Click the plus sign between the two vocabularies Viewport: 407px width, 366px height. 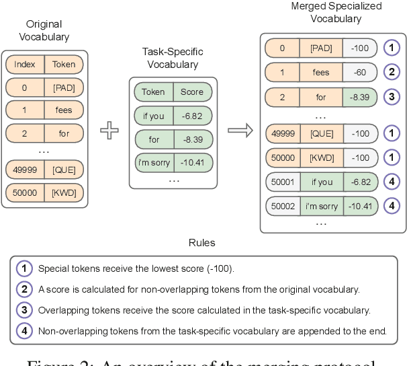tap(109, 130)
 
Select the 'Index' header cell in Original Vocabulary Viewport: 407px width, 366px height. tap(25, 65)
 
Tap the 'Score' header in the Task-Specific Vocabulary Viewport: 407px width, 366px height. tap(191, 92)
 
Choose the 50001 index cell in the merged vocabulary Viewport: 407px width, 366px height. tap(283, 182)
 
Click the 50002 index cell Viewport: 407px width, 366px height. tap(283, 206)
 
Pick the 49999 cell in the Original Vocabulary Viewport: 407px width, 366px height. tap(25, 169)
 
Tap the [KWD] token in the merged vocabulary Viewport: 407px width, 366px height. tap(321, 157)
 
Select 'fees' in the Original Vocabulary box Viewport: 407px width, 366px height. tap(64, 110)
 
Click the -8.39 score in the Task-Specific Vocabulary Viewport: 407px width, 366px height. tap(191, 140)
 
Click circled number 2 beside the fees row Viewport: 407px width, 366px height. tap(392, 72)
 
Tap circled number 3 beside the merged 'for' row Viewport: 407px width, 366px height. tap(392, 97)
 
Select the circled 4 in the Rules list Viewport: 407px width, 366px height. tap(24, 330)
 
